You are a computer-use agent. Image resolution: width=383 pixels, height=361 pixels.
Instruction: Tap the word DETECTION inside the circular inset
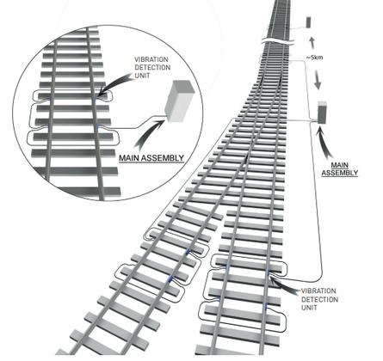coord(152,68)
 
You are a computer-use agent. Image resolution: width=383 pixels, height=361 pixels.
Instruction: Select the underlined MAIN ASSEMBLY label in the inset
coord(151,158)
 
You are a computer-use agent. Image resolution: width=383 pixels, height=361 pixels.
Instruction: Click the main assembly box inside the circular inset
coord(179,101)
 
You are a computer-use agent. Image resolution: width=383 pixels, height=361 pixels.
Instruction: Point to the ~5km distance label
coord(314,58)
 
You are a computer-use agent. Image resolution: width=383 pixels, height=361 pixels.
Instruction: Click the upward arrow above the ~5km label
coord(312,43)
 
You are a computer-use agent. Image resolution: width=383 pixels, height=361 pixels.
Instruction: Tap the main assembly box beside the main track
coord(322,113)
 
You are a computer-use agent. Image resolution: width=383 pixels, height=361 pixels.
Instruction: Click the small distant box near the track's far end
coord(308,22)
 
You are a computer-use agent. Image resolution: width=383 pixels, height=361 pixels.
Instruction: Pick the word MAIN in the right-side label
coord(339,165)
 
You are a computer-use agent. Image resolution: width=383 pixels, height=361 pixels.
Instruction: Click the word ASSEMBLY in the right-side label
coord(339,173)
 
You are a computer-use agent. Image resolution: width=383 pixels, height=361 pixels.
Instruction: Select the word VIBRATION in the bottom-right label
coord(318,291)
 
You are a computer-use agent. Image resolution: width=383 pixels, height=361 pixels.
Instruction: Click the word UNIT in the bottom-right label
coord(309,308)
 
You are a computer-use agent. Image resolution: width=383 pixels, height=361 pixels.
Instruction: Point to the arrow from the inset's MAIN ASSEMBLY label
coord(148,134)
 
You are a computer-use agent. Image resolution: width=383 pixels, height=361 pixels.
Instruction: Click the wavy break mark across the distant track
coord(278,40)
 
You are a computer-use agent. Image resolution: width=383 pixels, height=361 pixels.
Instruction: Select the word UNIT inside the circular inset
coord(142,76)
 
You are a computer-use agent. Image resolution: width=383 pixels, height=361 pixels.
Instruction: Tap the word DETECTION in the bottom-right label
coord(319,300)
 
